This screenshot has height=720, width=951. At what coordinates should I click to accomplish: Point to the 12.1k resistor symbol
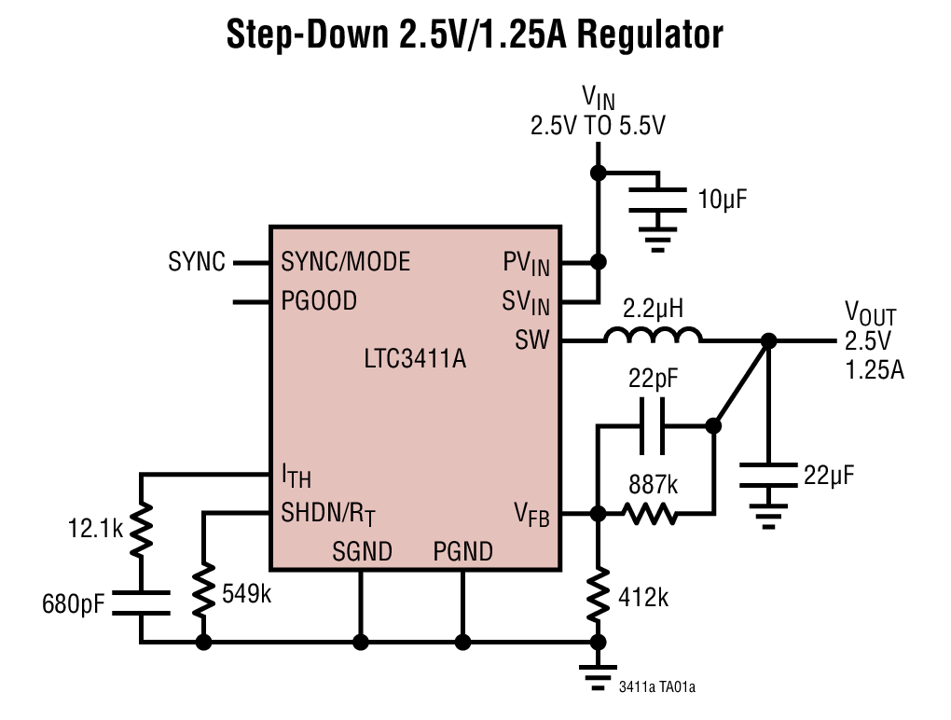point(142,528)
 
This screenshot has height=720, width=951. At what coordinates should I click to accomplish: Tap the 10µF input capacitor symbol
point(659,199)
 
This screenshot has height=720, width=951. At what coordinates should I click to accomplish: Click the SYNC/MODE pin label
point(345,262)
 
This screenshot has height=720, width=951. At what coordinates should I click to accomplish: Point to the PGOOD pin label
point(319,301)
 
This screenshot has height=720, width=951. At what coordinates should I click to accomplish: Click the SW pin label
point(531,341)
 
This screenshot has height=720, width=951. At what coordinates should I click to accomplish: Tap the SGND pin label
point(362,551)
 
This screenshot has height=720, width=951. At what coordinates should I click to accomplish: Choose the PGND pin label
point(462,551)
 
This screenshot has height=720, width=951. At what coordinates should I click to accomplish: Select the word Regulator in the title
point(650,35)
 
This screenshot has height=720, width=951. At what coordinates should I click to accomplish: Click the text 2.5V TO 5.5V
point(598,126)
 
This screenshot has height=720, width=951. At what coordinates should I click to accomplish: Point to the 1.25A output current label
point(875,370)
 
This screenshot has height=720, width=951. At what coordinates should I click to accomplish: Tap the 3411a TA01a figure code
point(657,688)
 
